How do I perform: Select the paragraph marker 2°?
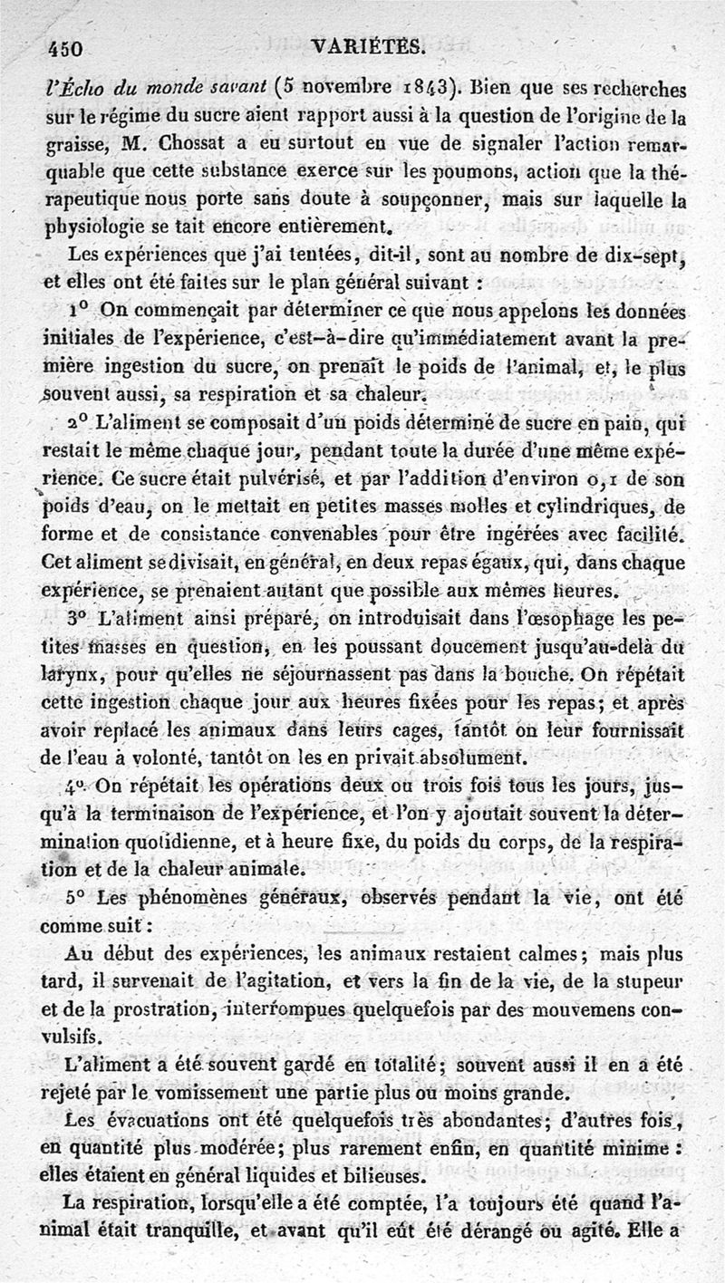[80, 423]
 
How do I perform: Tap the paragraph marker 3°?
[78, 622]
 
